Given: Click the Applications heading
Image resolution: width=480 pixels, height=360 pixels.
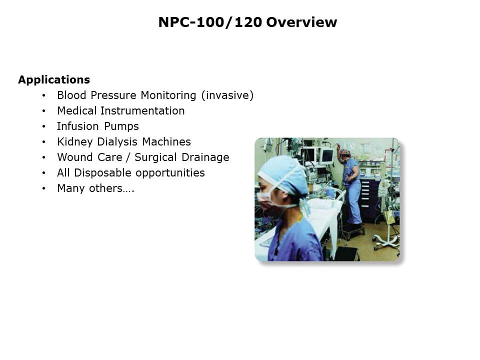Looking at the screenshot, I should pos(54,80).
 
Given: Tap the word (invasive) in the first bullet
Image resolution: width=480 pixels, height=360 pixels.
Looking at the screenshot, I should pos(228,95).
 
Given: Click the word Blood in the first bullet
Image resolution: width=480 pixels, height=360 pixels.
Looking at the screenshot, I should pos(70,95).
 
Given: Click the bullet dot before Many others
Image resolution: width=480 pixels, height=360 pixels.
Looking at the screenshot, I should pos(44,189).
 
